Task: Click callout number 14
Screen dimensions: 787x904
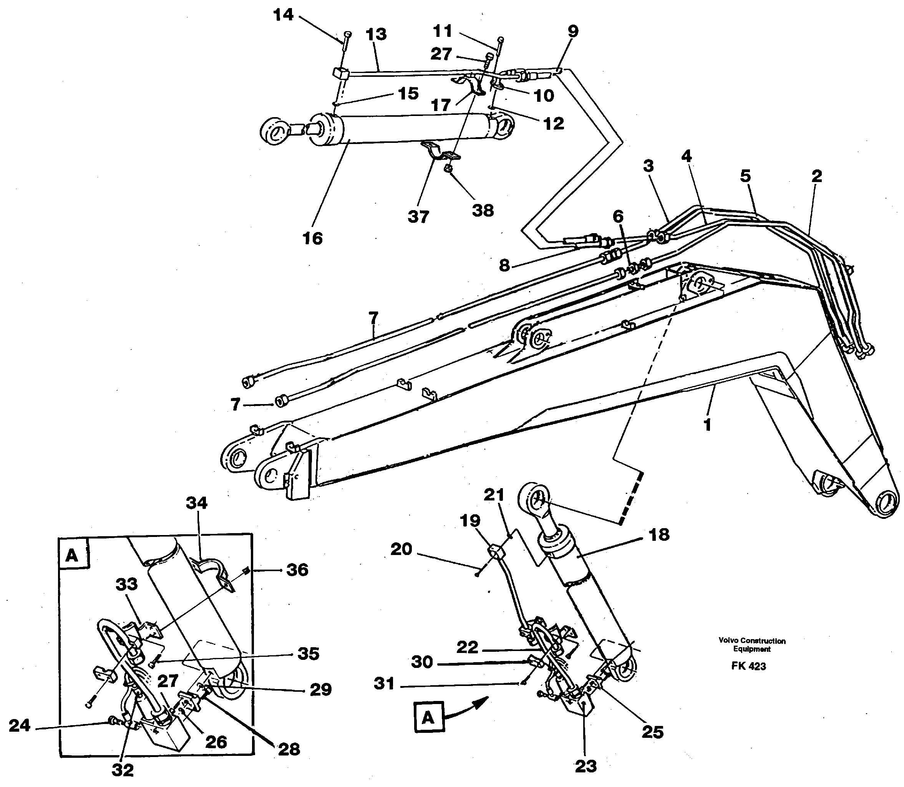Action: tap(283, 15)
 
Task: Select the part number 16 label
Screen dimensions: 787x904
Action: tap(312, 239)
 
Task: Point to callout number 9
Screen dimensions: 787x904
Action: tap(573, 31)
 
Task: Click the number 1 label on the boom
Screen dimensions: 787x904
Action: tap(707, 425)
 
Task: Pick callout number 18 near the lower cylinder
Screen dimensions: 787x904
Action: tap(659, 535)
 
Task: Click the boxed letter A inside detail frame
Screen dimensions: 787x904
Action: tap(72, 556)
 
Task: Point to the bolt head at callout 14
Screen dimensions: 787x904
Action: tap(347, 34)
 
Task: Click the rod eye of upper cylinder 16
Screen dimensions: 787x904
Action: tap(273, 131)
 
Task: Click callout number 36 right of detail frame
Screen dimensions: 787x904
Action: tap(297, 570)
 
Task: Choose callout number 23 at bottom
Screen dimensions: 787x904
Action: tap(586, 766)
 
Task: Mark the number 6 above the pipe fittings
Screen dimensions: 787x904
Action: tap(618, 216)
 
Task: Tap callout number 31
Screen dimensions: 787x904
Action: tap(384, 684)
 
